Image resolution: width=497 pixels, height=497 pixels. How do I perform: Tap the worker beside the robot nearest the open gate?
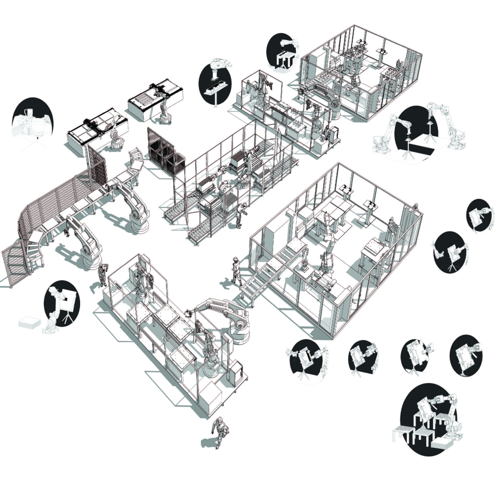pyautogui.click(x=102, y=274)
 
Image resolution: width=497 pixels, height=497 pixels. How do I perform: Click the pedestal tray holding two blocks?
pyautogui.click(x=216, y=89)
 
